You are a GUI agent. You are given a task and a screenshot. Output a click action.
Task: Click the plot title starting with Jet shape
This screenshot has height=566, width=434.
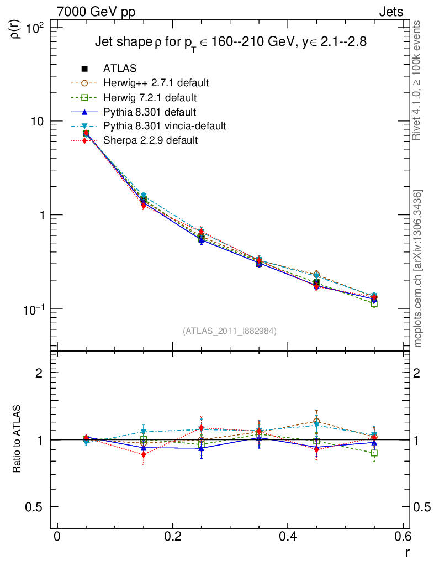(231, 42)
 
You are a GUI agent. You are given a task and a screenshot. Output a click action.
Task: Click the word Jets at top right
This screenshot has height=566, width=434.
(390, 12)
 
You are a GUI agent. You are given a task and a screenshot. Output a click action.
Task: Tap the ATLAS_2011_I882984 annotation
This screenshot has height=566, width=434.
(229, 331)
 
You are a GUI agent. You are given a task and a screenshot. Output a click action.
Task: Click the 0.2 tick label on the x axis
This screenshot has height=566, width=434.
(172, 537)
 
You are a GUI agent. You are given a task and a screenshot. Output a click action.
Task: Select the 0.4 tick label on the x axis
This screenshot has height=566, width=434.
(287, 537)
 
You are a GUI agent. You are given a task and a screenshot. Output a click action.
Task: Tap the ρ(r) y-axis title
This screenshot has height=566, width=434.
(16, 28)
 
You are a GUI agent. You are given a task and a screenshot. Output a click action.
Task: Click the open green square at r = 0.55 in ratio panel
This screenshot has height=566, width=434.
(374, 453)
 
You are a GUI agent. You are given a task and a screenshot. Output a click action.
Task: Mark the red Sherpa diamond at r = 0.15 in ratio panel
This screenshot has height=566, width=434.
(144, 454)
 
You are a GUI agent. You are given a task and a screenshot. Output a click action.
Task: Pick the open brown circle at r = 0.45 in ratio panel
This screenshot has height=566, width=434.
(316, 421)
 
